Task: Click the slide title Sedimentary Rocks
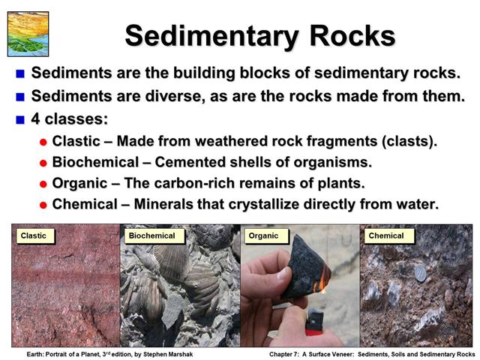(259, 35)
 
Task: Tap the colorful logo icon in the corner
(28, 34)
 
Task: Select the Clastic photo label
(34, 235)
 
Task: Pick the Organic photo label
(263, 235)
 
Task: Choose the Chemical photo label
(386, 235)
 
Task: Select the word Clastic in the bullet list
(75, 142)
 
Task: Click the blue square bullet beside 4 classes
(20, 118)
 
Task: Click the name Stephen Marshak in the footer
(168, 354)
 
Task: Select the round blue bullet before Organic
(43, 184)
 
